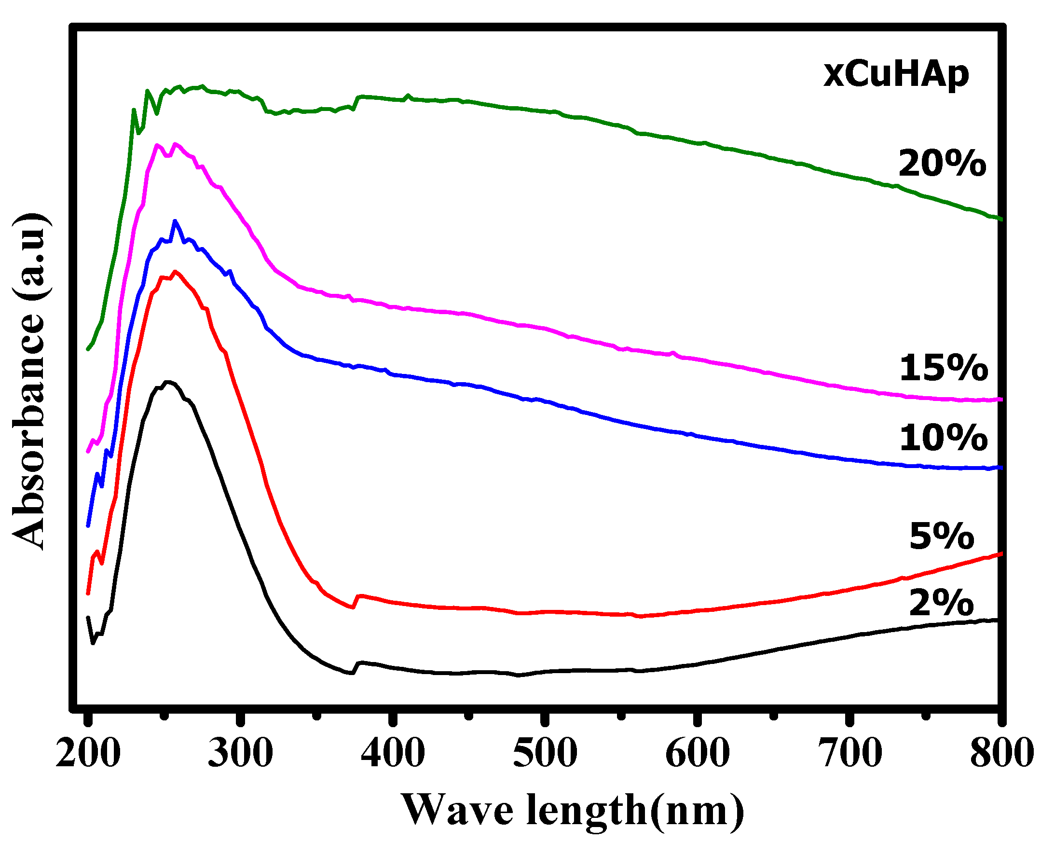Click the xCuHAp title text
tap(895, 75)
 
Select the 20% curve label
tap(942, 164)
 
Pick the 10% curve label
tap(943, 438)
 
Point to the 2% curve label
tap(941, 603)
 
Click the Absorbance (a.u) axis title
tap(30, 381)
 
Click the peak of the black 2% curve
tap(168, 382)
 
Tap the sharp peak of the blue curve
tap(175, 221)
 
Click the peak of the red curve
tap(175, 272)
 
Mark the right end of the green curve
tap(1000, 219)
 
